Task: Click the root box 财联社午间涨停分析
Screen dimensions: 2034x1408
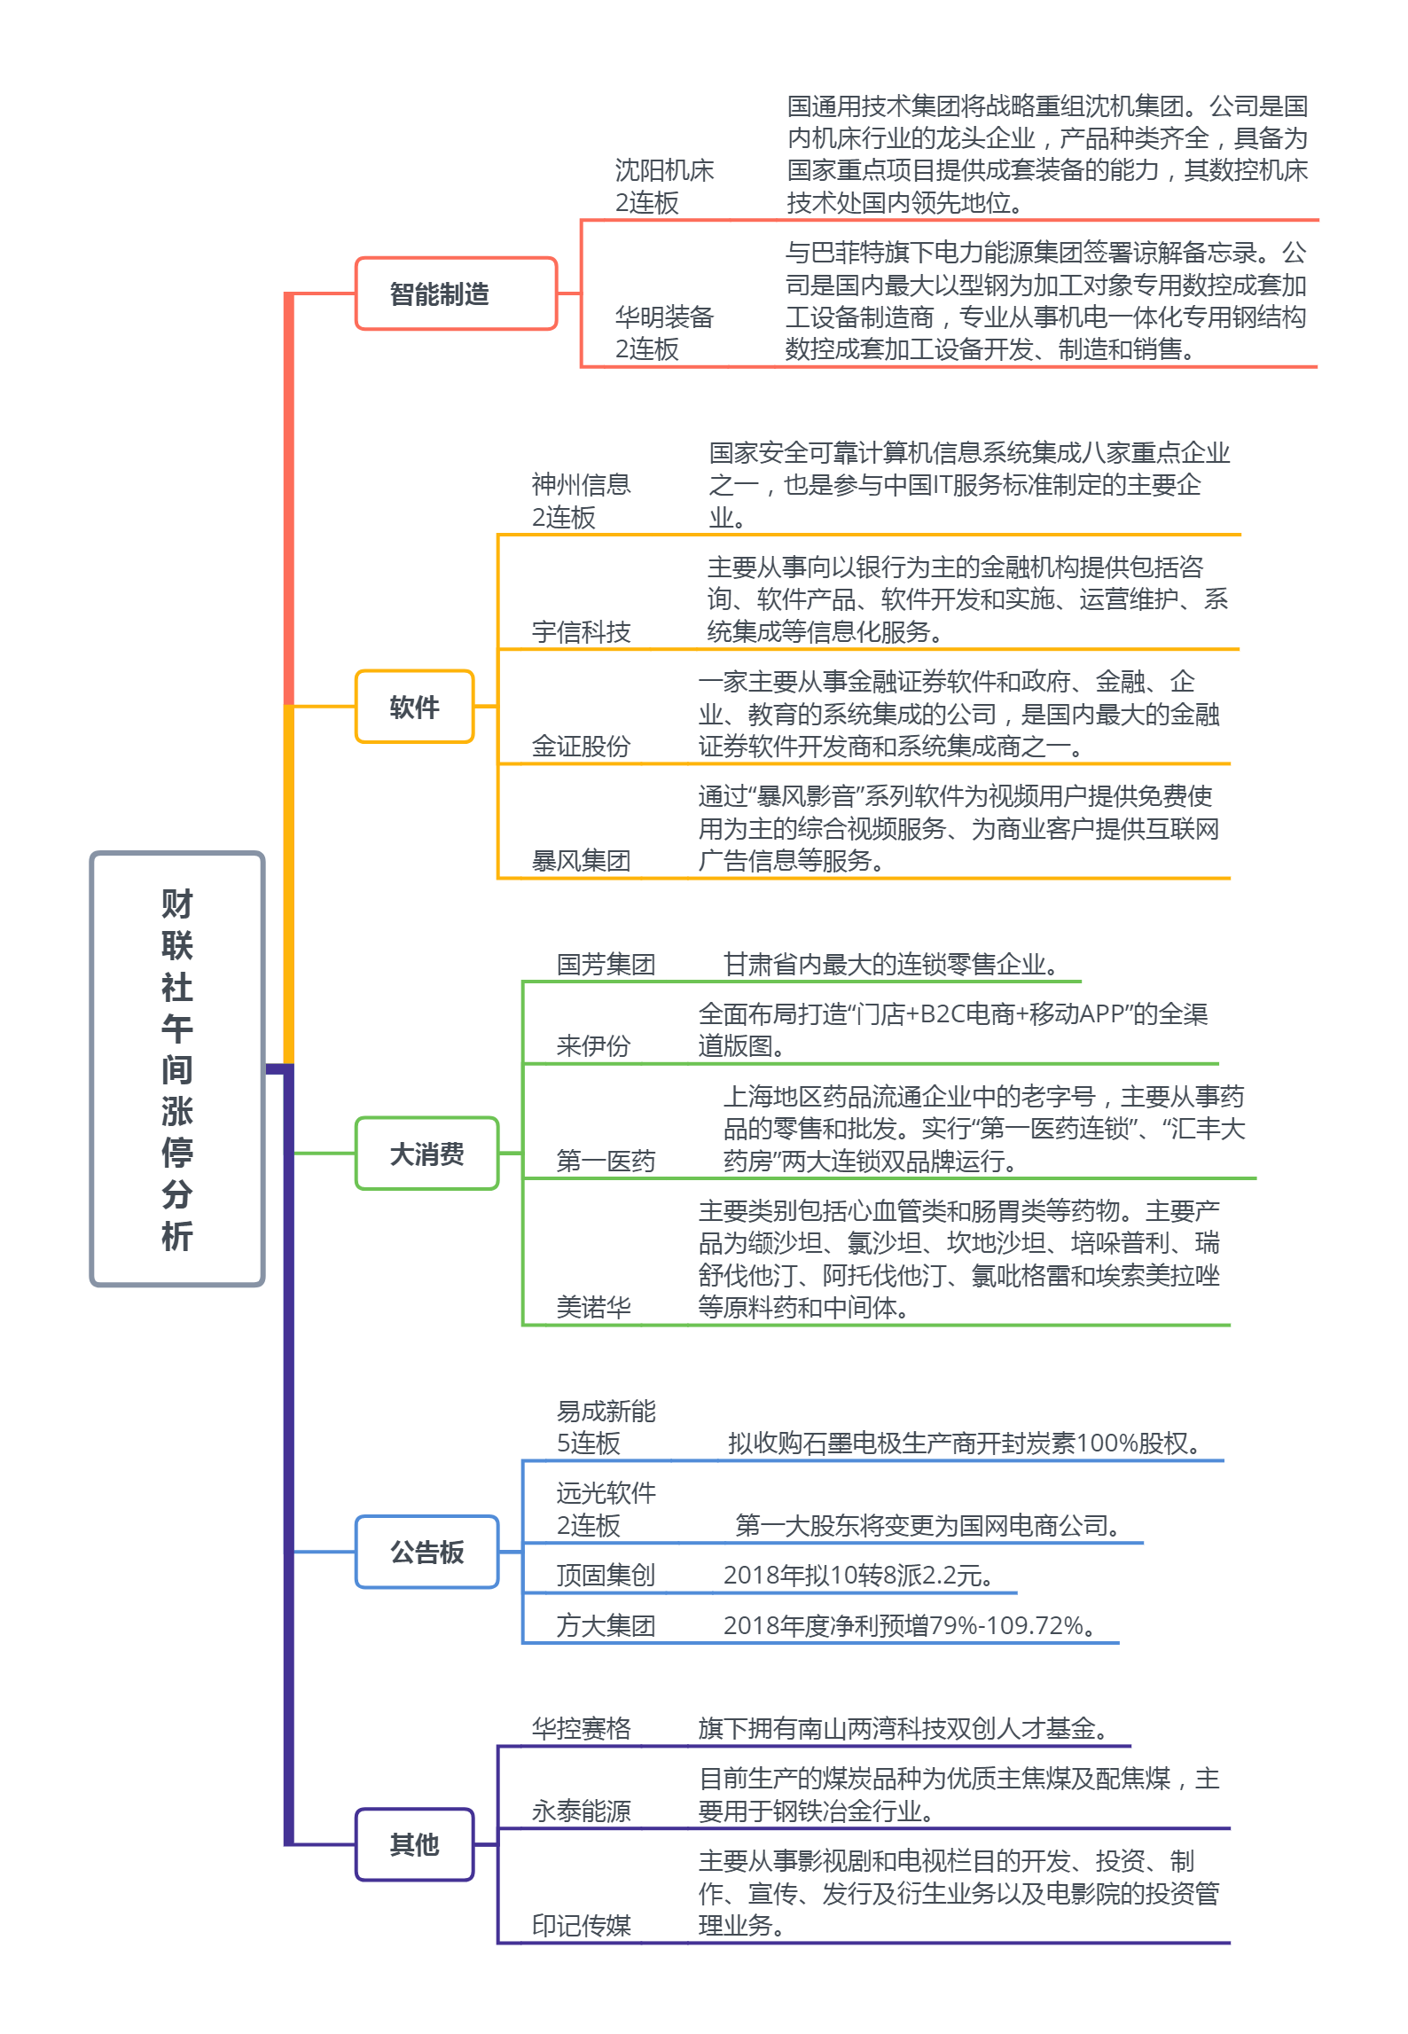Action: (x=177, y=1068)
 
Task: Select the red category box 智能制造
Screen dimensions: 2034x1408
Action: (x=456, y=293)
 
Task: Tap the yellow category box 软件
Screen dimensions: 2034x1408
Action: (x=414, y=707)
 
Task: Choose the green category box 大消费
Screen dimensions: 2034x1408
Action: (x=426, y=1154)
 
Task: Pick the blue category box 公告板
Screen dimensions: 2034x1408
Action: (x=426, y=1552)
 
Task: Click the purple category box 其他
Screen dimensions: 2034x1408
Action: (x=414, y=1844)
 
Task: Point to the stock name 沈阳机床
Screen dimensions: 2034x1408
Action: (x=664, y=170)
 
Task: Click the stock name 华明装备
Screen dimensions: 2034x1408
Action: (x=664, y=317)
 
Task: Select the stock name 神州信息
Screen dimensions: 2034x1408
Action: (x=581, y=484)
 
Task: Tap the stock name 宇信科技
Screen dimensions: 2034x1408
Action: (x=581, y=631)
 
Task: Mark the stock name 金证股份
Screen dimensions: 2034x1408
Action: (x=581, y=746)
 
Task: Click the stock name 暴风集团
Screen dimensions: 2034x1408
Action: (x=581, y=860)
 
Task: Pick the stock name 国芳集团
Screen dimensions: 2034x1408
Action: (x=606, y=964)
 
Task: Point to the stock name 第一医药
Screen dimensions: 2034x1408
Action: (x=606, y=1161)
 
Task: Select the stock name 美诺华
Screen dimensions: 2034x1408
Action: (x=593, y=1306)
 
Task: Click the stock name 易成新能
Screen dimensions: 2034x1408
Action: (x=606, y=1411)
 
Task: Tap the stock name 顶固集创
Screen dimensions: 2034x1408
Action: (x=606, y=1575)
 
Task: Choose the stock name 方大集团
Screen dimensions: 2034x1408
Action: (x=606, y=1625)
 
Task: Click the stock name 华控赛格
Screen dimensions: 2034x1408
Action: (x=581, y=1728)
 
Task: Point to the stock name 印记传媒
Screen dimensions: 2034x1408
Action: (x=581, y=1925)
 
